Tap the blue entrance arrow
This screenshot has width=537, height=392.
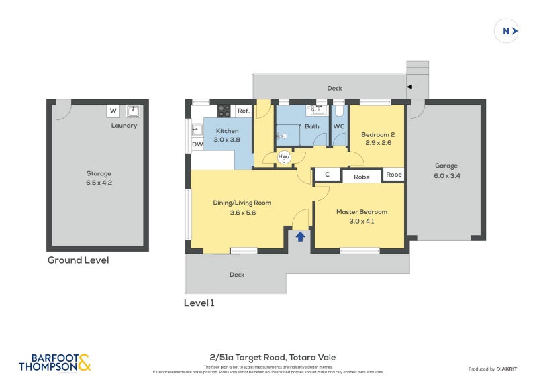click(300, 236)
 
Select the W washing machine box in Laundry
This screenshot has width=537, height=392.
click(113, 111)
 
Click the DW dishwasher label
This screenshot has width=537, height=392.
click(197, 144)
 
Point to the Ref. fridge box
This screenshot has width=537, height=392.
click(243, 111)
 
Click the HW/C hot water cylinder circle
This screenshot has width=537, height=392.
click(285, 158)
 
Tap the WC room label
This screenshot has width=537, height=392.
click(339, 126)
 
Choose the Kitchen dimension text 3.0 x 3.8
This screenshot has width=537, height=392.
click(227, 140)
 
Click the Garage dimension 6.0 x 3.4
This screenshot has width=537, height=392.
click(446, 175)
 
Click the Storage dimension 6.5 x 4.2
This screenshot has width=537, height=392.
click(99, 183)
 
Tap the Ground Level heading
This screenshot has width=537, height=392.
click(78, 260)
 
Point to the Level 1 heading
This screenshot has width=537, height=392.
click(199, 303)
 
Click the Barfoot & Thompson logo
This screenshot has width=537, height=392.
click(54, 362)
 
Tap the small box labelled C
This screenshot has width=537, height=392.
click(327, 175)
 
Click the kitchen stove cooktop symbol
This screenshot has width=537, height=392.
click(224, 111)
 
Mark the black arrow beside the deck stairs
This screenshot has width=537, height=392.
click(409, 87)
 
